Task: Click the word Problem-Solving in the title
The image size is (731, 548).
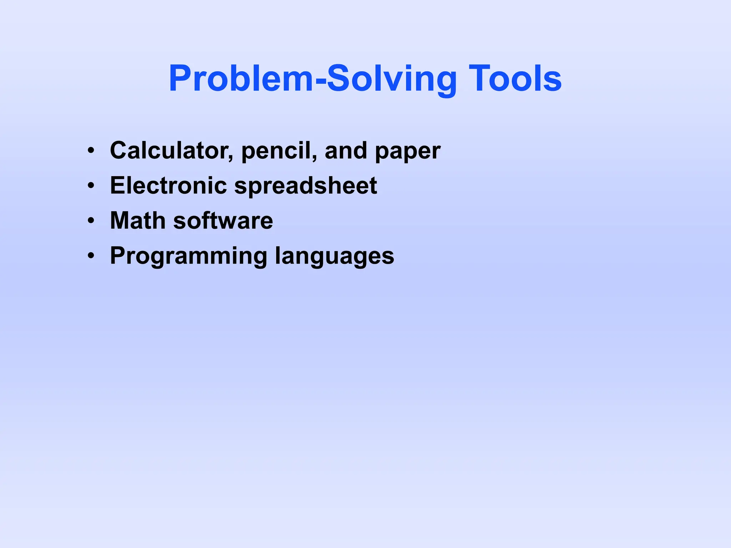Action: pos(313,78)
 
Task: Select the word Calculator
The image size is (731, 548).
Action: pos(169,150)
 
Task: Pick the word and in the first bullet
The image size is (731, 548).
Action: pos(346,150)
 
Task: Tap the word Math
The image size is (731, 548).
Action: pos(137,220)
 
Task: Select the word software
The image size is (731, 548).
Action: pos(223,220)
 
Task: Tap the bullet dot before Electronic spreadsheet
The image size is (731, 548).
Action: pos(91,186)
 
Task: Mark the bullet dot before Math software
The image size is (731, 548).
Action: pos(91,220)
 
